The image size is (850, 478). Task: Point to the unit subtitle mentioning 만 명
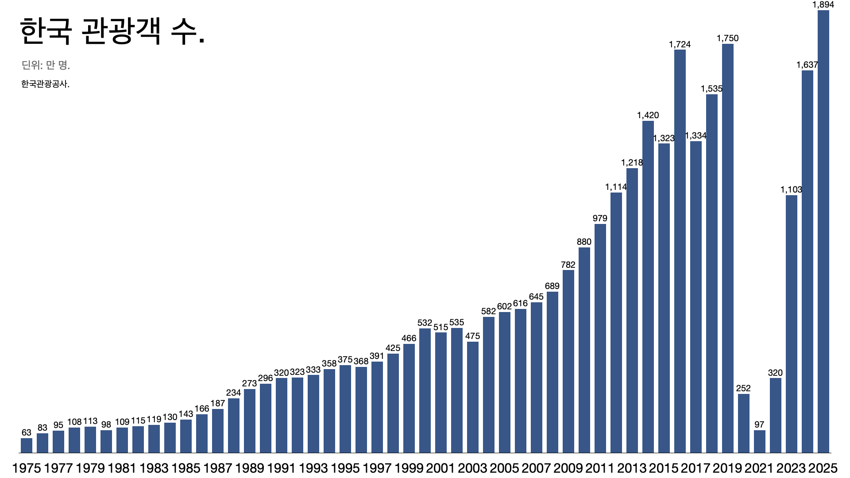(x=46, y=65)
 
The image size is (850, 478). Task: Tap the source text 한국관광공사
(x=45, y=84)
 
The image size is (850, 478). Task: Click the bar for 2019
(x=727, y=248)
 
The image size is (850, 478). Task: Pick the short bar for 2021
(x=759, y=441)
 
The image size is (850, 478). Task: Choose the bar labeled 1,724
(x=680, y=251)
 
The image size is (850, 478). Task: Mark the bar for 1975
(x=27, y=445)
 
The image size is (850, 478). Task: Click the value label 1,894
(x=823, y=5)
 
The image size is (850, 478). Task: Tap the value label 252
(x=743, y=389)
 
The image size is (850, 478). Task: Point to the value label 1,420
(x=648, y=116)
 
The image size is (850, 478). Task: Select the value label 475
(x=472, y=336)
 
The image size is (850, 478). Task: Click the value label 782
(x=568, y=265)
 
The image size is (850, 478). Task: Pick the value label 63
(x=27, y=433)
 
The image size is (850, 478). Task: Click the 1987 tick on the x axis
(x=218, y=468)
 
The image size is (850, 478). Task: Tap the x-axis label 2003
(x=472, y=468)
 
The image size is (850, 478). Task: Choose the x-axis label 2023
(x=791, y=468)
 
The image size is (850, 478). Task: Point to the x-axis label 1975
(x=27, y=468)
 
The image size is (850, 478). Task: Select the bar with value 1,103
(x=791, y=324)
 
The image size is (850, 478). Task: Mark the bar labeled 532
(x=425, y=390)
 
